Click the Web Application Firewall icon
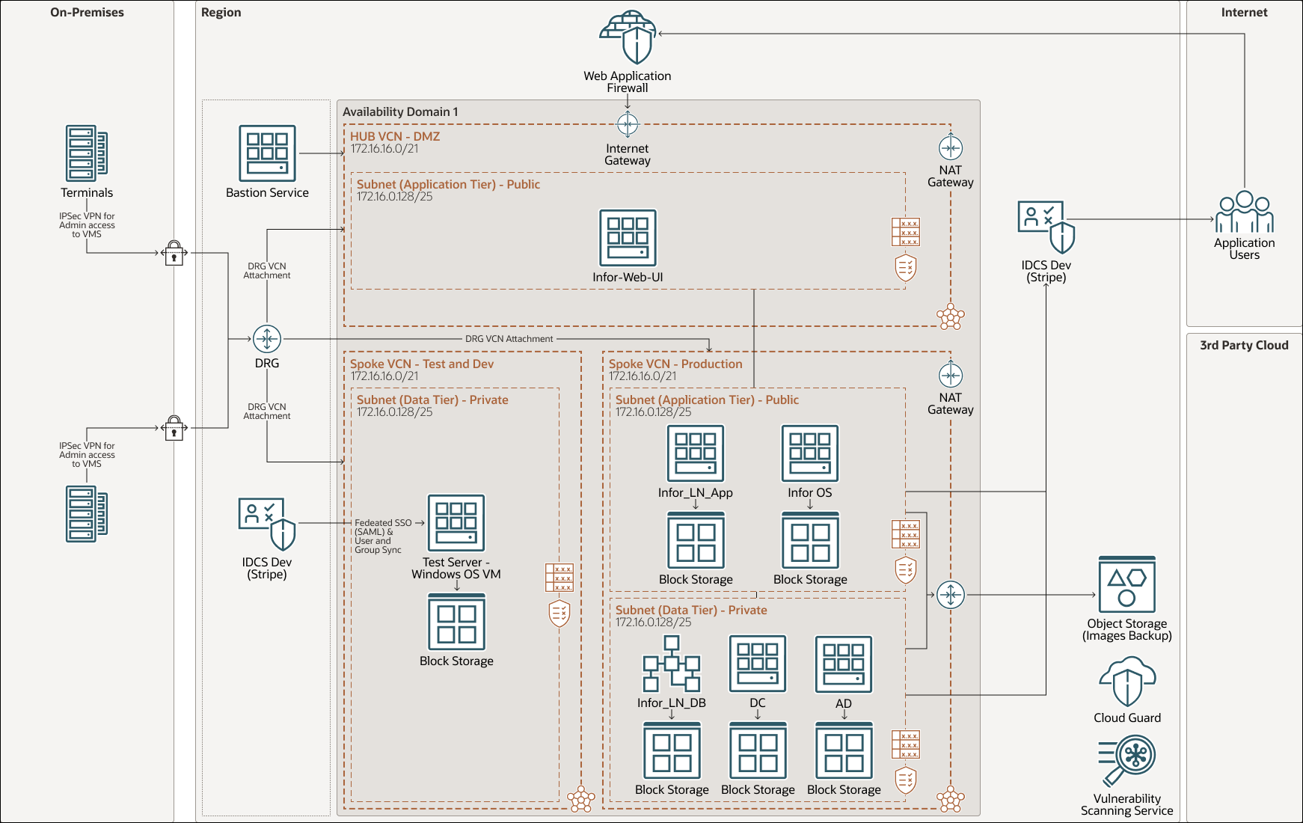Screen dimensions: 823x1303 (x=628, y=38)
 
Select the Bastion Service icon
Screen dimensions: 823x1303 (x=267, y=153)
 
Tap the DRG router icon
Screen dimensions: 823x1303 (x=267, y=339)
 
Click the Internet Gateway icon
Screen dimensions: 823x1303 (x=628, y=123)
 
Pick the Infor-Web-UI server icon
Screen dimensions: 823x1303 (x=628, y=238)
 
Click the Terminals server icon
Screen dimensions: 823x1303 (x=87, y=153)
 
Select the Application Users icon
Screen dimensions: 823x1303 (x=1244, y=212)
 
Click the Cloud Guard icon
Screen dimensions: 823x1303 (x=1126, y=682)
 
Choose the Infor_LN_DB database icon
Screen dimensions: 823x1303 (x=671, y=664)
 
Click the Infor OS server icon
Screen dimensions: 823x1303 (x=809, y=453)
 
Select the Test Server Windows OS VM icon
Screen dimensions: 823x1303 (x=456, y=523)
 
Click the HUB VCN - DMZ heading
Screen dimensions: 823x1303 (x=395, y=136)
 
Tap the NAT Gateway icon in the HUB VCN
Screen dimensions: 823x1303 (x=950, y=147)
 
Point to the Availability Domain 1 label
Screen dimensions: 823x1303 (x=400, y=111)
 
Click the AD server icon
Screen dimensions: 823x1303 (x=843, y=664)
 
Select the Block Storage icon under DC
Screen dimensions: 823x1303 (x=758, y=750)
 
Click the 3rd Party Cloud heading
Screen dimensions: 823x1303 (x=1244, y=345)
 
